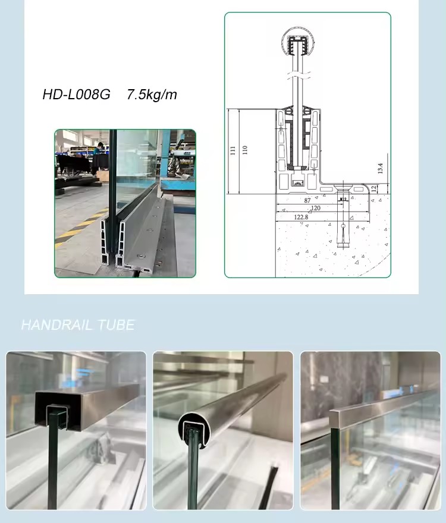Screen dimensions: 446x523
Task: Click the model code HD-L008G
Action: tap(76, 94)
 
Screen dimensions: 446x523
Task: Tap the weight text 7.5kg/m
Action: tap(152, 94)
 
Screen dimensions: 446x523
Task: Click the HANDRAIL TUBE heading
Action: tap(78, 325)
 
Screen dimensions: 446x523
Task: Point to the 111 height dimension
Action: tap(233, 150)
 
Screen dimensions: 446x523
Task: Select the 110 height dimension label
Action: tap(244, 150)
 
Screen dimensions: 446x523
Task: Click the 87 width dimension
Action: tap(307, 200)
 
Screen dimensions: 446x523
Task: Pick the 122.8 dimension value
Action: tap(301, 217)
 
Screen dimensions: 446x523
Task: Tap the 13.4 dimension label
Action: tap(380, 168)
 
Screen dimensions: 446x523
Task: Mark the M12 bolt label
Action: tap(343, 200)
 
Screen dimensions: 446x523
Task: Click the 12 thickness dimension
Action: tap(374, 188)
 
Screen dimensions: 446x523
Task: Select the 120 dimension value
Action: tap(316, 208)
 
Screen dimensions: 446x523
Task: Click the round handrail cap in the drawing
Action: tap(297, 43)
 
